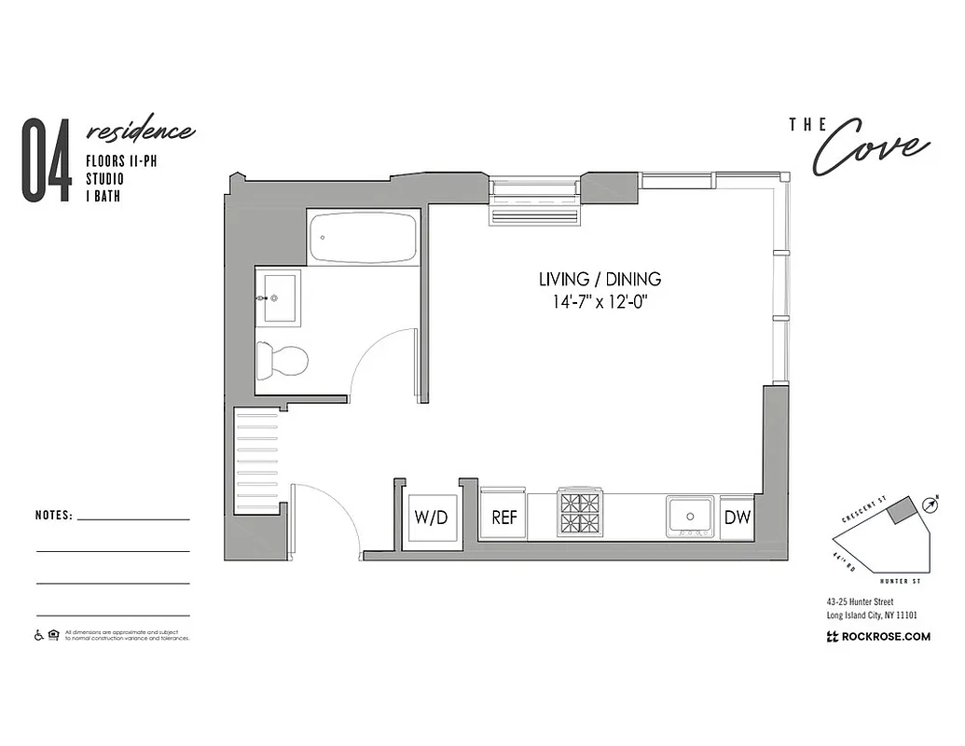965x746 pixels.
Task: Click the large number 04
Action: [x=47, y=160]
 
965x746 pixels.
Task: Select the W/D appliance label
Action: [x=430, y=518]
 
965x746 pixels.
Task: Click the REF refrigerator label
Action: [x=503, y=518]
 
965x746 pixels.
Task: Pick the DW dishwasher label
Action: [x=738, y=517]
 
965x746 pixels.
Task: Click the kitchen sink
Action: [x=690, y=515]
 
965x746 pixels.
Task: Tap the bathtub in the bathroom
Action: [x=364, y=238]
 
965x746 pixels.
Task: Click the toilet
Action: [x=283, y=361]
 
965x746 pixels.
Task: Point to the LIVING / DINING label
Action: [x=600, y=279]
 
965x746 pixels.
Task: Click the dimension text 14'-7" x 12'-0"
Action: [x=600, y=301]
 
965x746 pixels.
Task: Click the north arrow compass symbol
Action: [x=930, y=504]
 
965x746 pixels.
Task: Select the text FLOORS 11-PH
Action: [x=118, y=160]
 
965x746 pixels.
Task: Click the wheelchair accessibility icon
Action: [x=39, y=636]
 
